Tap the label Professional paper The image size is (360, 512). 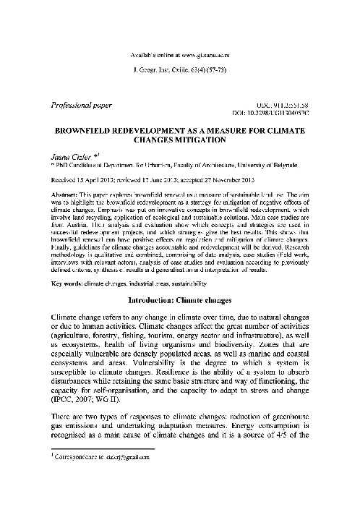pos(80,106)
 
